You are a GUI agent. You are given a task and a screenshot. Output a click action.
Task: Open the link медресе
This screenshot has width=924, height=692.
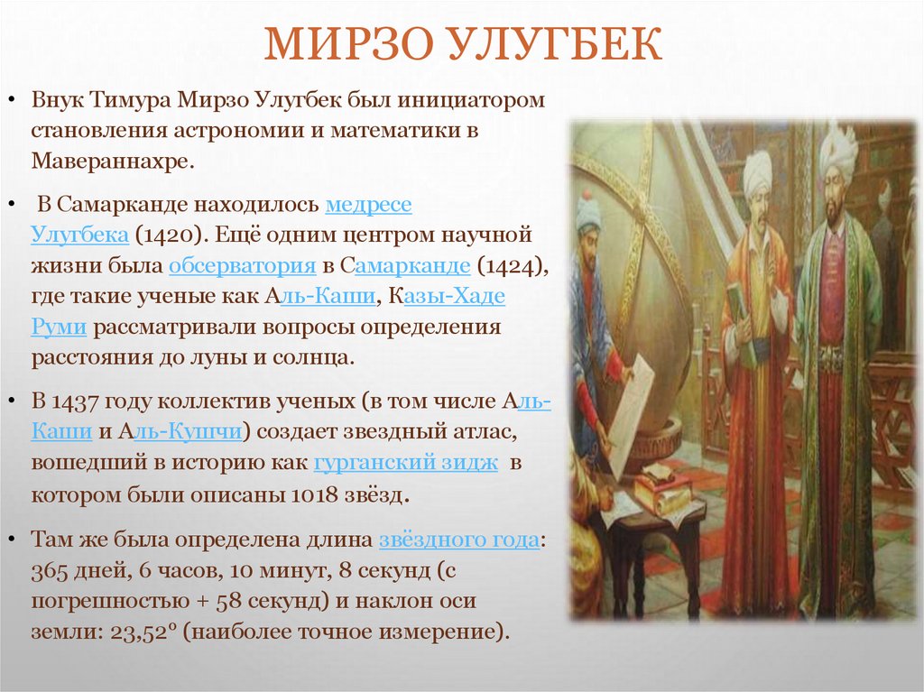[x=368, y=205]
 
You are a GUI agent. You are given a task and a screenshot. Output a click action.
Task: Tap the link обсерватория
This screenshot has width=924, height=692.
[x=242, y=266]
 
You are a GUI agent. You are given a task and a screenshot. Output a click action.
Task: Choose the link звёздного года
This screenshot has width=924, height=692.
[x=459, y=540]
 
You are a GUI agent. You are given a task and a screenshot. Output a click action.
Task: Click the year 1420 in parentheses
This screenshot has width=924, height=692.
[x=163, y=235]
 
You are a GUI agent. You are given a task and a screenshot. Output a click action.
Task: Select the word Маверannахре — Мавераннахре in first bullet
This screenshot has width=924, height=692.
[x=112, y=162]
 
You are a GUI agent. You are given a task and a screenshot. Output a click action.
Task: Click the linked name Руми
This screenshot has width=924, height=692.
[x=59, y=327]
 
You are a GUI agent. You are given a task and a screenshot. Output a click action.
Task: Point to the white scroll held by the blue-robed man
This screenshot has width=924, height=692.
[x=631, y=415]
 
